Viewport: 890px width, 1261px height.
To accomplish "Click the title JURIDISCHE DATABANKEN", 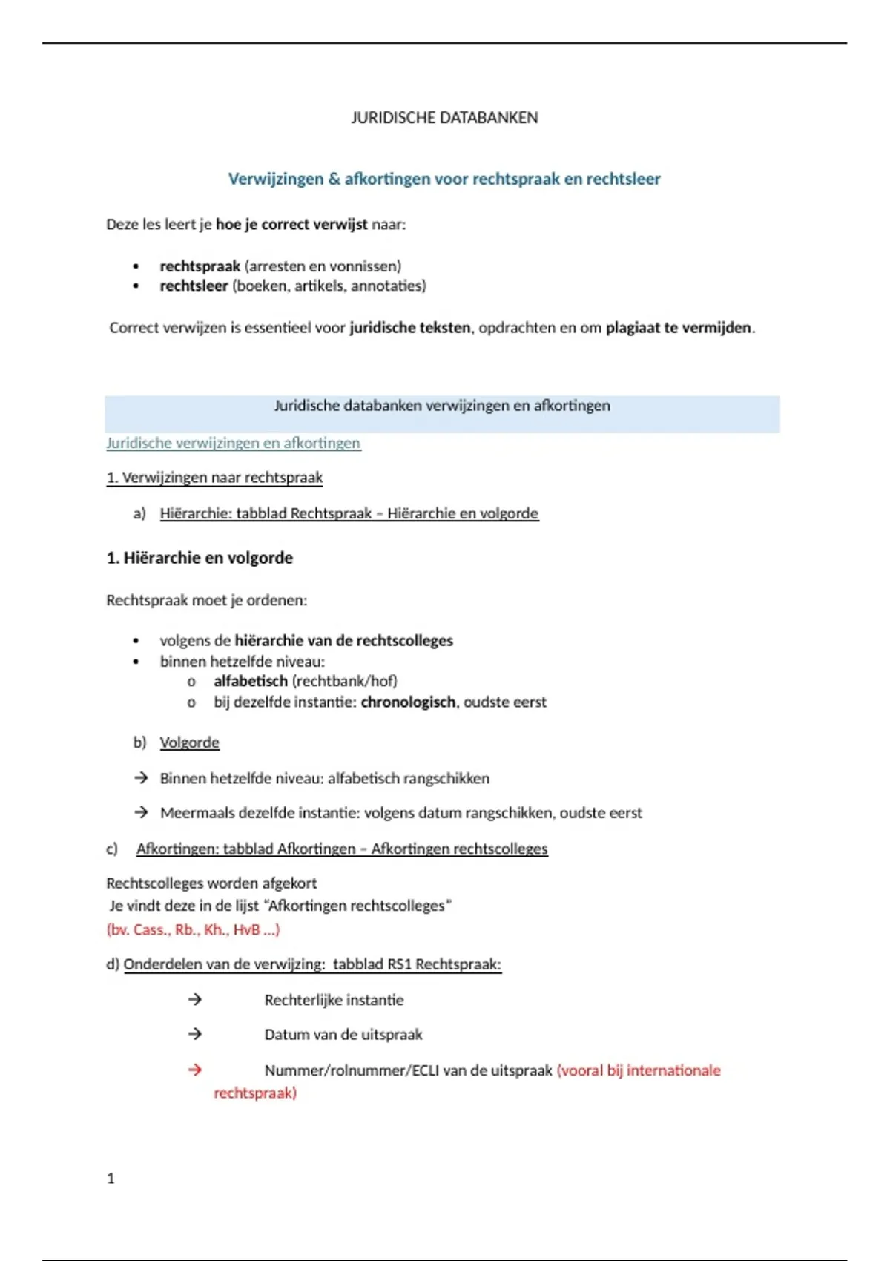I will coord(444,117).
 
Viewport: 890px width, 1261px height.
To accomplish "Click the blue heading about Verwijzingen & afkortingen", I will coord(444,179).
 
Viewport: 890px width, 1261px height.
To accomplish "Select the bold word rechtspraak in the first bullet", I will coord(200,266).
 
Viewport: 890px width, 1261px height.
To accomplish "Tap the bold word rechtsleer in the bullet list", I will coord(194,286).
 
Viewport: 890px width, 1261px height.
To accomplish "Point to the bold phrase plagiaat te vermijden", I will coord(678,327).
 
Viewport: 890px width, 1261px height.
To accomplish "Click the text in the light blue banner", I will coord(442,406).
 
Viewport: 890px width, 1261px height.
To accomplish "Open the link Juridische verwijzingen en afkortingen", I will coord(233,443).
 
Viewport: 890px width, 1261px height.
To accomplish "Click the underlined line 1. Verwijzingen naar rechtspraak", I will coord(214,478).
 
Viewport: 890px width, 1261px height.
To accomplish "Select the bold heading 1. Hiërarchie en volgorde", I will coord(200,558).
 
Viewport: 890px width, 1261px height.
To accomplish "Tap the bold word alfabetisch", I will coord(250,681).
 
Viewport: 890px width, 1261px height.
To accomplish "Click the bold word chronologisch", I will coord(408,702).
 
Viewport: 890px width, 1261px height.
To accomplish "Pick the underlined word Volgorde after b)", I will coord(189,743).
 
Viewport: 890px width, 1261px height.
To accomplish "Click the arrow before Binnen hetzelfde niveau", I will coord(141,778).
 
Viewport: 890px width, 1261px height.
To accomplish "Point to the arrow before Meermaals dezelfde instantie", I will coord(141,812).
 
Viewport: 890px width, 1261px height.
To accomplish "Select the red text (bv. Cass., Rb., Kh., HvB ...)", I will coord(193,929).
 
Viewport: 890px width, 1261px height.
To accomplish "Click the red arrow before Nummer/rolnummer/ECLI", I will coord(195,1070).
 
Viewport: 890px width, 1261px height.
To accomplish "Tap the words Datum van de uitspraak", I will coord(343,1034).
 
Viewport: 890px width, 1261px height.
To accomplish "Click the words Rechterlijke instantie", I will coord(334,1000).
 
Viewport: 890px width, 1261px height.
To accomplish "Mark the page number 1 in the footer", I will coord(111,1178).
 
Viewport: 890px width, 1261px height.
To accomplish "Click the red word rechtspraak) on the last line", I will coord(254,1093).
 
